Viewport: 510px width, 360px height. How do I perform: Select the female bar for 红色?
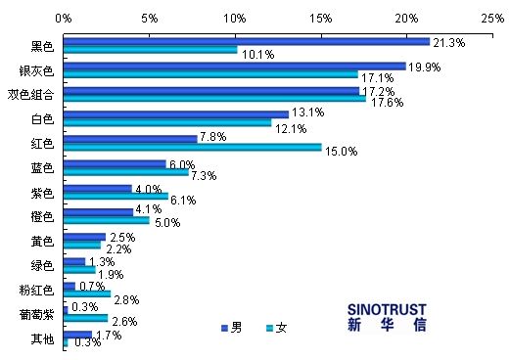pos(192,148)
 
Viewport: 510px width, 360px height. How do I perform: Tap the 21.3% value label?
pos(448,43)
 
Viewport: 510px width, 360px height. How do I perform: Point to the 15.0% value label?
pos(341,151)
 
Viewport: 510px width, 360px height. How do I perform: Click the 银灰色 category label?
pos(38,70)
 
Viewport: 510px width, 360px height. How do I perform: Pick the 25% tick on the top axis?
pos(492,18)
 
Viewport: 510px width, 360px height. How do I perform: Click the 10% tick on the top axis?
pos(235,18)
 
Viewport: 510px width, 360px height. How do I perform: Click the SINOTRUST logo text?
pos(387,306)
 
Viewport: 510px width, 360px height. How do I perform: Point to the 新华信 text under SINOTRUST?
pos(387,325)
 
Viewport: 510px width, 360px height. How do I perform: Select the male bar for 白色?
pos(175,114)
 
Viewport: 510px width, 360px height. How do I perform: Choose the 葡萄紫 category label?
pos(38,315)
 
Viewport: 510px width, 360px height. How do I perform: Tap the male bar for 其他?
pos(77,335)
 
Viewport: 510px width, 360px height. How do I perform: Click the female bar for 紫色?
pos(116,196)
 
